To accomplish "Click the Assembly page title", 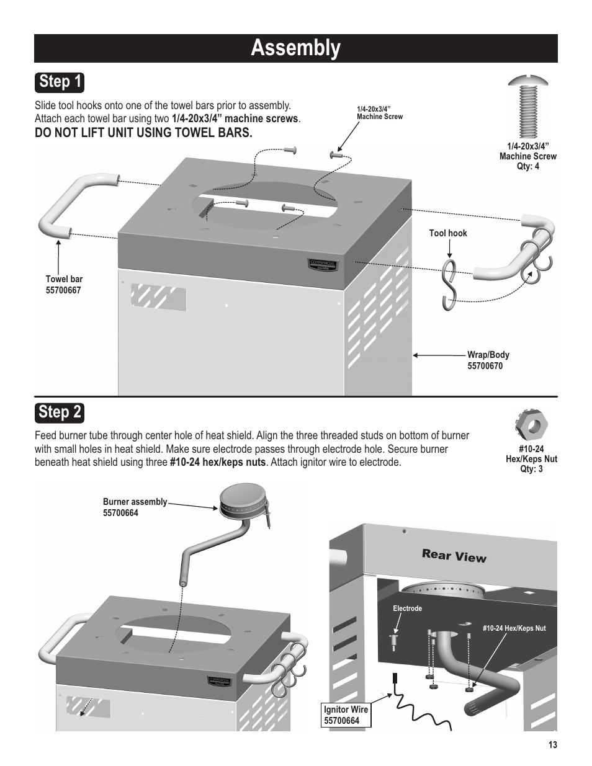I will (x=295, y=48).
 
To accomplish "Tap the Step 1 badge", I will (x=60, y=82).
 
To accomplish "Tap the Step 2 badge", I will (x=60, y=412).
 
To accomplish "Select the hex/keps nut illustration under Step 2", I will (x=532, y=425).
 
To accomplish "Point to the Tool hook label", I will (x=448, y=233).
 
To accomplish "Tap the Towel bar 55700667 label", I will (x=64, y=285).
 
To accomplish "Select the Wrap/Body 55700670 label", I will (x=488, y=360).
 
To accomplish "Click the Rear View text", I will (x=454, y=556).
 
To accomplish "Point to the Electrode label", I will (x=407, y=608).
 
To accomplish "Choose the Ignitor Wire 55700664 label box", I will (x=346, y=715).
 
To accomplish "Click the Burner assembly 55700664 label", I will (x=135, y=507).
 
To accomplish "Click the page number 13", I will (x=552, y=745).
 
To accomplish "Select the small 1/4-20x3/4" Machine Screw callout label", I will (x=379, y=112).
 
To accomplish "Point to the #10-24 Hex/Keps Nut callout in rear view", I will (x=514, y=628).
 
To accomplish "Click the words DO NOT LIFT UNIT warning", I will (x=143, y=133).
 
